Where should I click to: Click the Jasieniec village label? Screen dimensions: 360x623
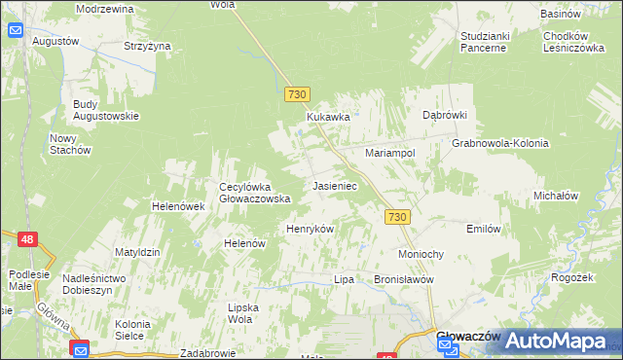335,185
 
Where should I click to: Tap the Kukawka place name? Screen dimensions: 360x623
328,117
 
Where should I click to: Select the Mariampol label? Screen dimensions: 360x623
390,154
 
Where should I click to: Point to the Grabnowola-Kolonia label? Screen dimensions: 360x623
500,143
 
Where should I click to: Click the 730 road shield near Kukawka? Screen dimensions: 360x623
298,94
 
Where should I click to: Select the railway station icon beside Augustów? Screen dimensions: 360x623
16,30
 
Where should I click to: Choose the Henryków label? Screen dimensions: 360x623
310,229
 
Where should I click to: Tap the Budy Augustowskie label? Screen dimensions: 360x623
105,109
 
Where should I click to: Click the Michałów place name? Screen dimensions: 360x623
557,196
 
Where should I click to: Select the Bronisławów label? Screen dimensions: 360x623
402,279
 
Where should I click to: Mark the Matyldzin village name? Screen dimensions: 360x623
136,252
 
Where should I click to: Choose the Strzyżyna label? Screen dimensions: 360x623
148,46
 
